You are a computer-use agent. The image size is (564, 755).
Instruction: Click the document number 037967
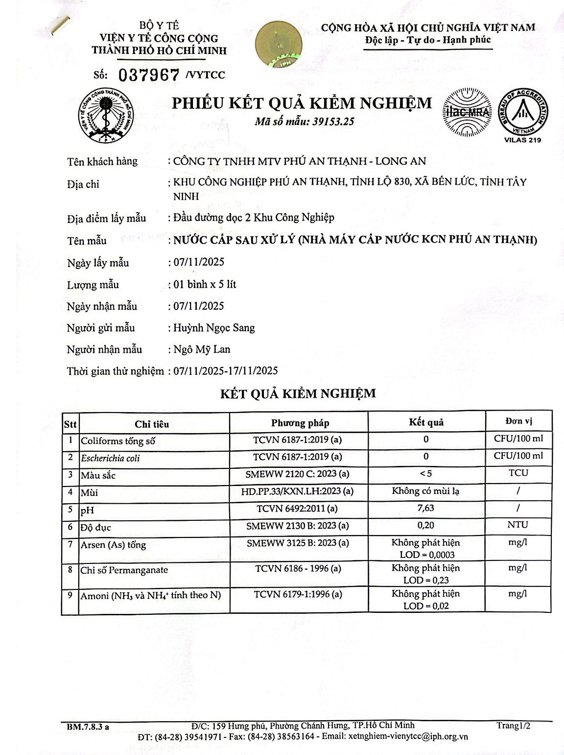tap(149, 74)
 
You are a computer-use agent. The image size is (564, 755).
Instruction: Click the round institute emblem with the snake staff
tap(106, 116)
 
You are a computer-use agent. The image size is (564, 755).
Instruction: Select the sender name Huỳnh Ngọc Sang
tap(214, 328)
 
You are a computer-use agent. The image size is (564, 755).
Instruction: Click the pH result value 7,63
tap(426, 508)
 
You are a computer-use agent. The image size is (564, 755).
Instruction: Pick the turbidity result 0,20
tap(426, 525)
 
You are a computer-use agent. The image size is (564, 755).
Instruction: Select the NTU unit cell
tap(517, 525)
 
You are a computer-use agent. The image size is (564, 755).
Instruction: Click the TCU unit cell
tap(518, 473)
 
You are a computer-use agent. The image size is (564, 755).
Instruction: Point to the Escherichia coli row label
tap(110, 458)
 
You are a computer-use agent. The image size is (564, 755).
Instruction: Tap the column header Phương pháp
tap(300, 423)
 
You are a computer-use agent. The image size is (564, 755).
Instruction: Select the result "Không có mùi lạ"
tap(425, 491)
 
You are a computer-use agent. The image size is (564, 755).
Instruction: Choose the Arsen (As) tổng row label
tap(113, 545)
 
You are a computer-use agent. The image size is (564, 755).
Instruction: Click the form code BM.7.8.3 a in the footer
tap(88, 727)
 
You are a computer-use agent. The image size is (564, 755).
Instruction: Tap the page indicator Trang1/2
tap(513, 726)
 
